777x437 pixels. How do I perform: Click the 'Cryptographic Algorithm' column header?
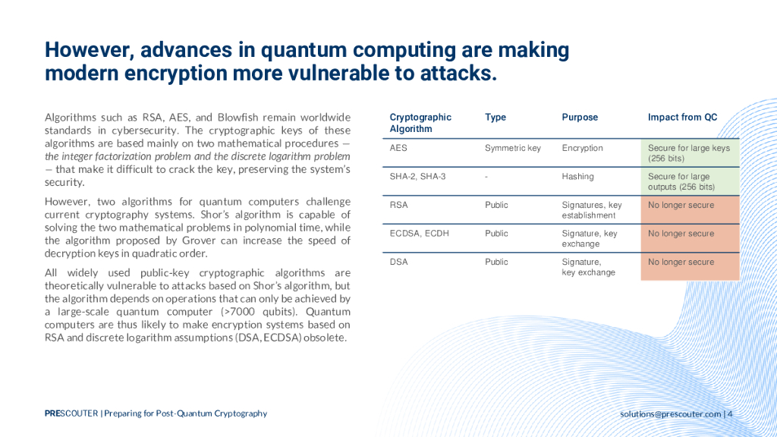pos(420,123)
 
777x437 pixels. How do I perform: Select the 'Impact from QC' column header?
pos(682,118)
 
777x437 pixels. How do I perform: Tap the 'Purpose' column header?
pos(580,118)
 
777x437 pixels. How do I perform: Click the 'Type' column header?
pos(495,118)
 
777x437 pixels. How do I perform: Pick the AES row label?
pos(398,148)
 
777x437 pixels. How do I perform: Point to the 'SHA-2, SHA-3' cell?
pos(418,176)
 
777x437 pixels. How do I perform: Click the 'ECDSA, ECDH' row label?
pos(419,234)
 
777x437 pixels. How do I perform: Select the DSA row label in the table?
pos(399,262)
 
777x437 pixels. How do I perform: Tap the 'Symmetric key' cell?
pos(513,148)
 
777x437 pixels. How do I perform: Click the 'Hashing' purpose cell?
pos(577,176)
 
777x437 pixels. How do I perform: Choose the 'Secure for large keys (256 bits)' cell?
pos(689,153)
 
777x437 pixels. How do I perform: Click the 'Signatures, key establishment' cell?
pos(592,210)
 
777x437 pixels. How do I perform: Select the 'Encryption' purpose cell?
pos(582,148)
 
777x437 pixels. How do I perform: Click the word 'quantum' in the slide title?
pos(304,50)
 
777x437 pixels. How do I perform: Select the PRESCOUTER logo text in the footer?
pos(71,413)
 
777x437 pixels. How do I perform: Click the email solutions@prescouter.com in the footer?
pos(671,413)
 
